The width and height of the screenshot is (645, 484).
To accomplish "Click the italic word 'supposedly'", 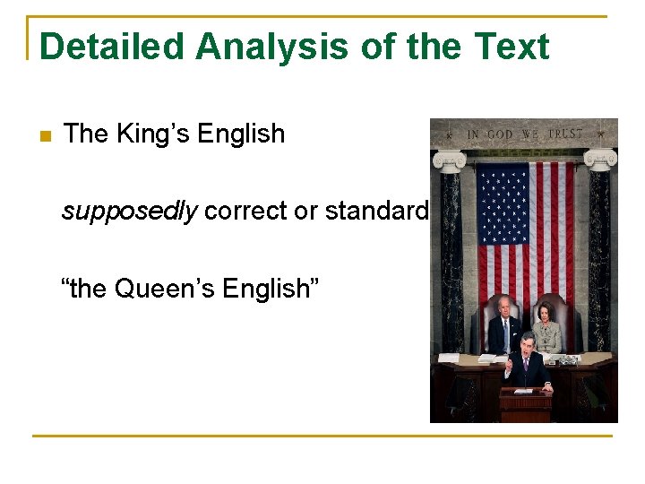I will coord(130,212).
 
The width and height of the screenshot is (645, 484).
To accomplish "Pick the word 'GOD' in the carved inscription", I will coord(499,134).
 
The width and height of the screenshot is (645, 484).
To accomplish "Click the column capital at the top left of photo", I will coord(448,160).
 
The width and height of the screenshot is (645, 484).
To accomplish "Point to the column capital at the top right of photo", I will coord(600,159).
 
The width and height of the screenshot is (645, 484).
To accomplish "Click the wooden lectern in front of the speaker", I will coord(525,402).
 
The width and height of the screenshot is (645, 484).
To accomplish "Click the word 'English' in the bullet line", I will coord(241,134).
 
